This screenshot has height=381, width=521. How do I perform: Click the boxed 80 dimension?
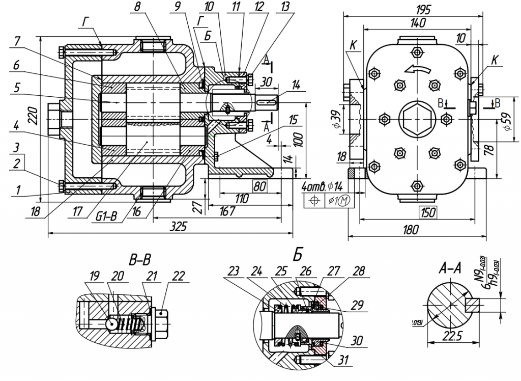coord(259,187)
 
